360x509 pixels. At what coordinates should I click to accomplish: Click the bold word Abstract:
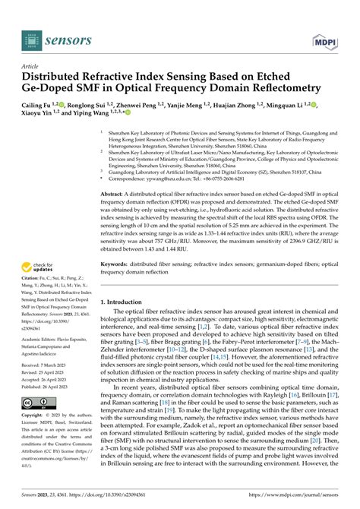112,194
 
